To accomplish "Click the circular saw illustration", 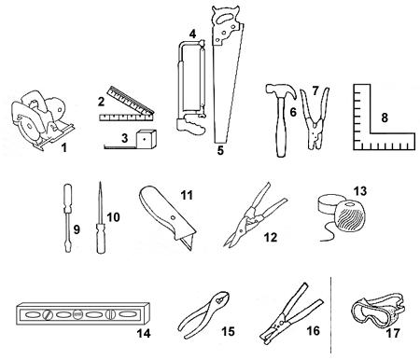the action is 40,119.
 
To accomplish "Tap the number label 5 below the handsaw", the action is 220,150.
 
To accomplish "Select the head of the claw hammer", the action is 281,90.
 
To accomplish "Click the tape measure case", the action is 147,139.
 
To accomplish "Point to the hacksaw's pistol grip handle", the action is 190,124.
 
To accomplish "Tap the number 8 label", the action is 385,118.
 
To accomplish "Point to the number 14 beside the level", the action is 144,333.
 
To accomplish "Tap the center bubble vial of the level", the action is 77,314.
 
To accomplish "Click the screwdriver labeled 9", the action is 68,217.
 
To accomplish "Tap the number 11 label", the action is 187,196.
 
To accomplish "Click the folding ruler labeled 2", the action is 128,105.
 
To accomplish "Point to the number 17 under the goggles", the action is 392,334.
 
